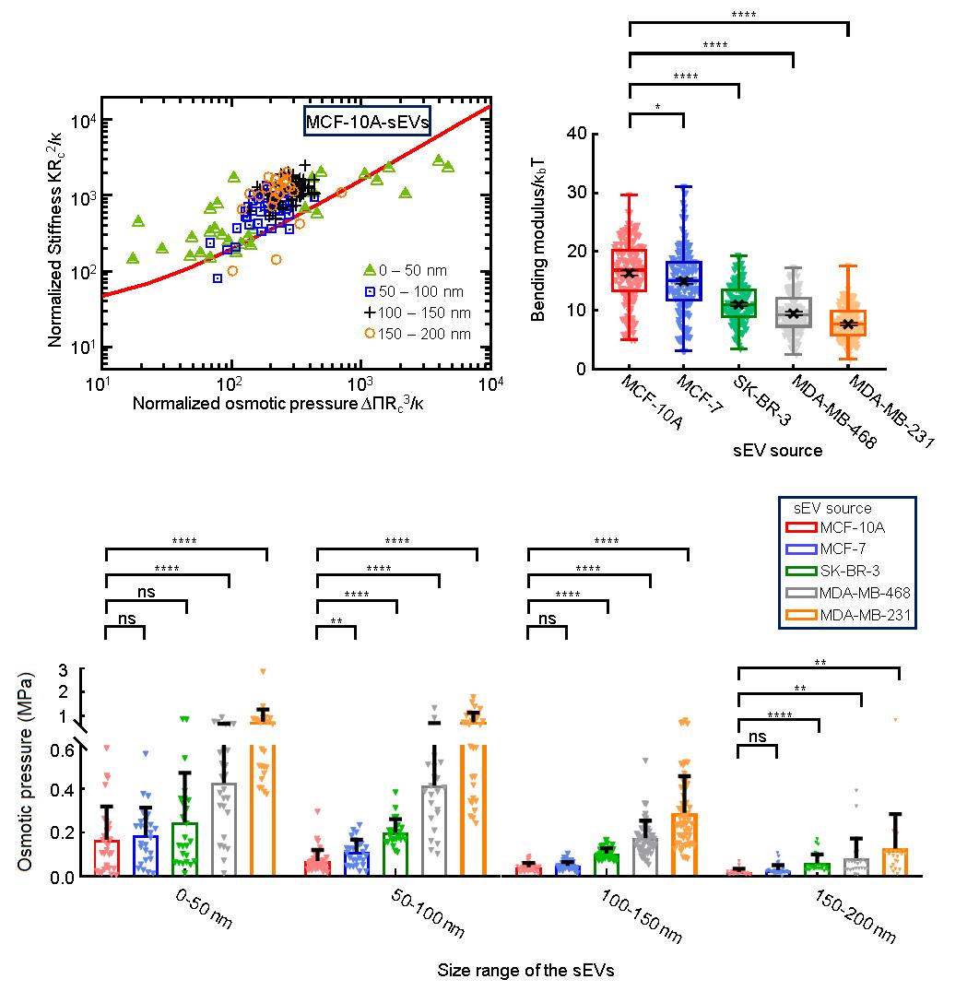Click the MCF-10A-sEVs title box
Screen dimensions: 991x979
(368, 121)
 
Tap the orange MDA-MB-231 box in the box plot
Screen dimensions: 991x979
(848, 324)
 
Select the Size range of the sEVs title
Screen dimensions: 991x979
(526, 970)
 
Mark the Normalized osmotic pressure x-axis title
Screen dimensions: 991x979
(290, 404)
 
